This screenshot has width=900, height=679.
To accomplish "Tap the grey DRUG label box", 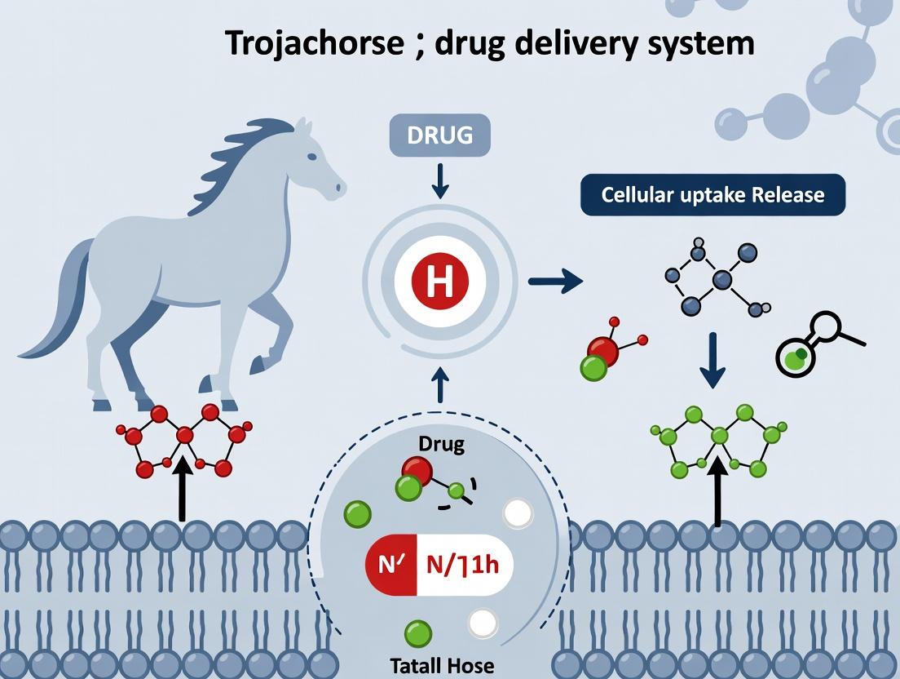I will click(x=439, y=135).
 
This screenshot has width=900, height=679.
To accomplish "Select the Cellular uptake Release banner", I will click(x=712, y=196).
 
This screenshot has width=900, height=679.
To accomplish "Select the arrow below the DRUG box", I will click(x=439, y=181).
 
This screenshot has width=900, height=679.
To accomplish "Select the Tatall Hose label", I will click(x=440, y=665).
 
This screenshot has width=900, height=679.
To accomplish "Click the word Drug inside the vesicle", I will click(x=441, y=445).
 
